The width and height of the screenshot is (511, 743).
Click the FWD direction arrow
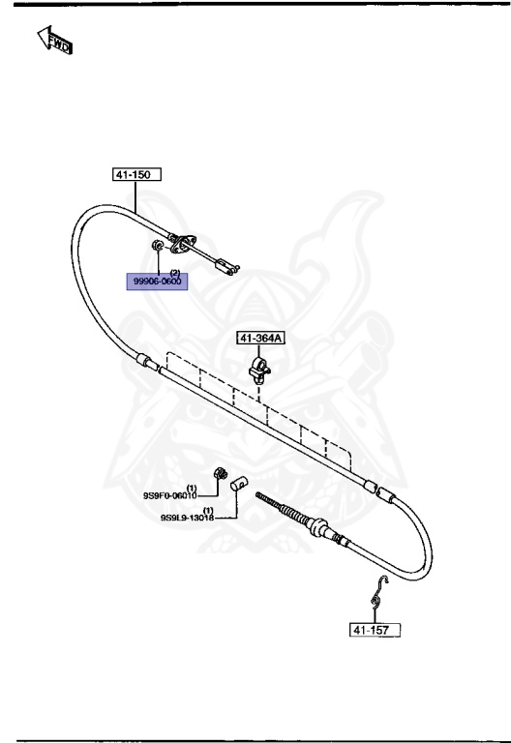[x=53, y=41]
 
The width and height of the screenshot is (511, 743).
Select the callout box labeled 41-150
[x=136, y=174]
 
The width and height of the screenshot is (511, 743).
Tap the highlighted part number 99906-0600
[x=157, y=282]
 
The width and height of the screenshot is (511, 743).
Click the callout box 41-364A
[x=260, y=338]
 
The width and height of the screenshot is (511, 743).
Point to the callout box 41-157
[x=375, y=630]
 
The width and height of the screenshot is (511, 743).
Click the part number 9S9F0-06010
[x=169, y=495]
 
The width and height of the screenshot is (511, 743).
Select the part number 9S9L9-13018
[x=187, y=518]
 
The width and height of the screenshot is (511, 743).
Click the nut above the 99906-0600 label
[x=157, y=246]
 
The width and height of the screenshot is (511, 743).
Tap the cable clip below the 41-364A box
[x=258, y=371]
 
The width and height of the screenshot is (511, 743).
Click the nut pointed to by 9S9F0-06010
[x=221, y=473]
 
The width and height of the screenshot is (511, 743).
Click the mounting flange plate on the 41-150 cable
[x=182, y=244]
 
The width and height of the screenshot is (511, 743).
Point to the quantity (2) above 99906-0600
[x=175, y=273]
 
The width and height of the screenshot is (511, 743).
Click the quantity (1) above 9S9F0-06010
[x=192, y=488]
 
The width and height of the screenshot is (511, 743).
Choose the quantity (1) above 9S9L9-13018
[x=208, y=511]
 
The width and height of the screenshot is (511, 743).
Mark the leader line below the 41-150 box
[x=135, y=197]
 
